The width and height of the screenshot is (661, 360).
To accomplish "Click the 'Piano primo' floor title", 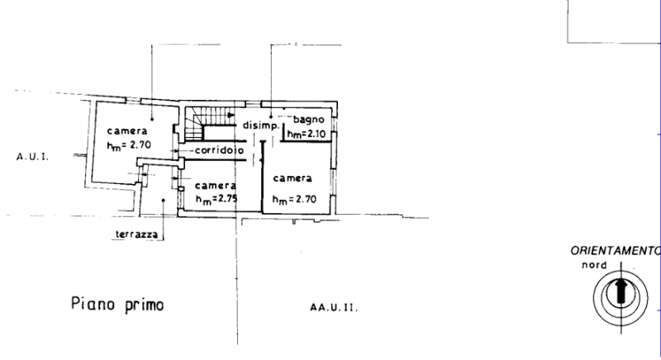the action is (x=117, y=305).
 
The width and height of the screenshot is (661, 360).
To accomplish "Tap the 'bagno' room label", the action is (x=308, y=120).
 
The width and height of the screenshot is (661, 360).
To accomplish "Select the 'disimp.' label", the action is (x=261, y=126).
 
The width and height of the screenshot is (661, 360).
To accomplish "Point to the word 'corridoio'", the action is (x=219, y=150).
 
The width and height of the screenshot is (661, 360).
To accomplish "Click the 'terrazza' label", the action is (x=136, y=234).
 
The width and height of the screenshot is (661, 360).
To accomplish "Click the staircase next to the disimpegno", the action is (x=210, y=123).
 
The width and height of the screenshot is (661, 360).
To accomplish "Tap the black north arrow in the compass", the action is (x=621, y=291).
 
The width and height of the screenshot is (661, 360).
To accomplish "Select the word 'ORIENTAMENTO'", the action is (x=616, y=251).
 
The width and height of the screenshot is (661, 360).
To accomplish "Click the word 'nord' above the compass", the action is (x=594, y=265).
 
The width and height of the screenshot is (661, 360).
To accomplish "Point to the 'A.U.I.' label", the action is (x=32, y=157).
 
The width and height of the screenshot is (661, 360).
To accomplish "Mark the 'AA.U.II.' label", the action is (x=334, y=307).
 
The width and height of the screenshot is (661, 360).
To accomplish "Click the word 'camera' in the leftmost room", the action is (x=127, y=131).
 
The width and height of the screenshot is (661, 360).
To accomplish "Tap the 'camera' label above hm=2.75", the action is (x=216, y=185).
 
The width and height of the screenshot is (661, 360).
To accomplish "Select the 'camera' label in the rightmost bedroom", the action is (x=292, y=178).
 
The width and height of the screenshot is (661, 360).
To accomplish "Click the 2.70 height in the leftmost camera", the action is (x=140, y=144).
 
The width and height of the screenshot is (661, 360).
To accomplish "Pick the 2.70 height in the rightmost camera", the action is (x=305, y=199).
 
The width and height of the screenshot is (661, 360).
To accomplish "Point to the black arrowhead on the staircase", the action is (x=231, y=115).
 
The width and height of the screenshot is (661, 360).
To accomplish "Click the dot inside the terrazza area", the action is (x=163, y=201).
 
